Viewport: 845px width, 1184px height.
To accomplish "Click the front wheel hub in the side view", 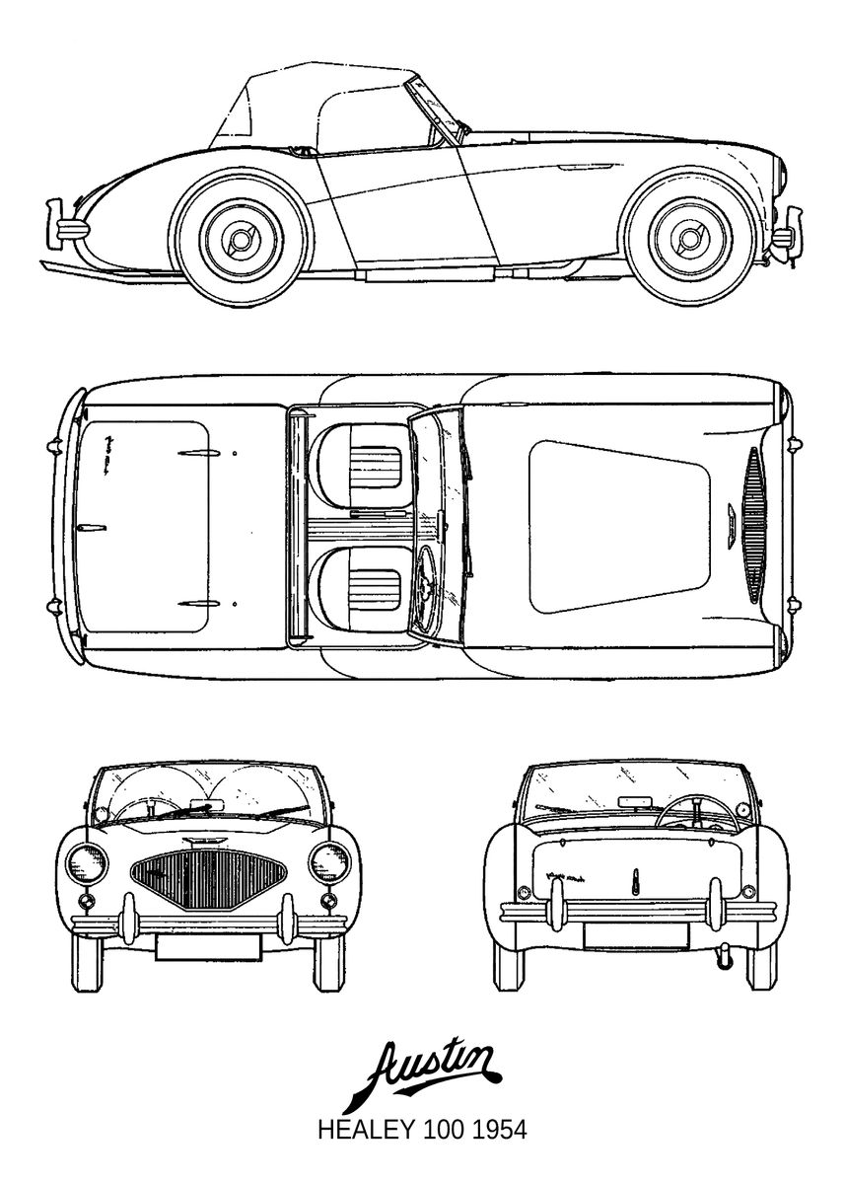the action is coord(688,239).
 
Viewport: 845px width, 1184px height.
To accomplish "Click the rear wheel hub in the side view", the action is coord(242,239).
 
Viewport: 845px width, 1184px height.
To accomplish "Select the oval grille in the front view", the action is coord(209,879).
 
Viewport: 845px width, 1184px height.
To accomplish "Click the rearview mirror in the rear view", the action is coord(636,801).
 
